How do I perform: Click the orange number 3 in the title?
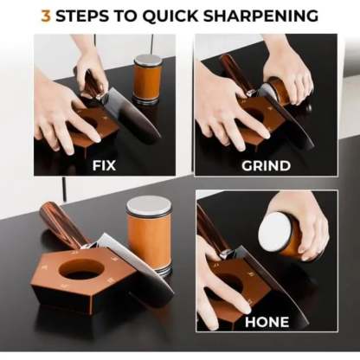coord(45,15)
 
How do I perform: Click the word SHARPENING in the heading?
coord(264,15)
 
